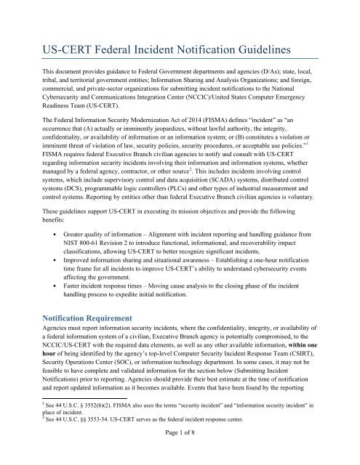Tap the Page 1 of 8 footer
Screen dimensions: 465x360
[x=180, y=450]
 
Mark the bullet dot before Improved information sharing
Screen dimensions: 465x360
[x=55, y=287]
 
